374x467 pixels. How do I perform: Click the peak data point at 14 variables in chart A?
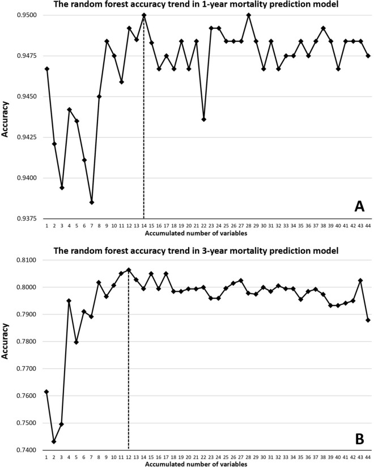pyautogui.click(x=144, y=15)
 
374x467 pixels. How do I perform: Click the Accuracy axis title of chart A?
pyautogui.click(x=7, y=117)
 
